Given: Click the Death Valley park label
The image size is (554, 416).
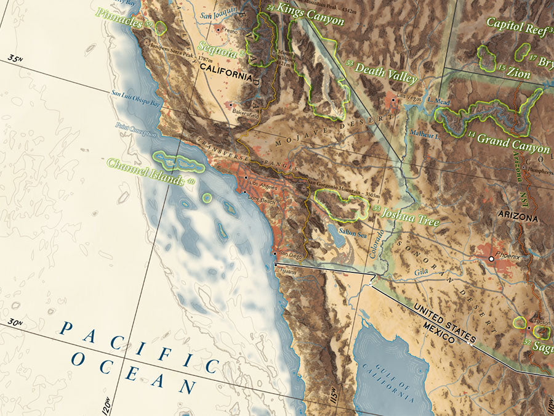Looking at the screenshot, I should click(386, 73).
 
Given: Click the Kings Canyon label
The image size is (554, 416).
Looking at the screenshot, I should click(310, 14).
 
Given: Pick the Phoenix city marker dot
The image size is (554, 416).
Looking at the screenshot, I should click(491, 259).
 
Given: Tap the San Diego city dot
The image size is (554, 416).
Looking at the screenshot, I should click(275, 253).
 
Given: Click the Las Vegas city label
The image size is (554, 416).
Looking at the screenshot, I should click(411, 96).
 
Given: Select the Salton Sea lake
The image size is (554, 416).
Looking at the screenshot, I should click(337, 233).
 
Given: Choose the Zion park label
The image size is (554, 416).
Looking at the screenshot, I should click(518, 72).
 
